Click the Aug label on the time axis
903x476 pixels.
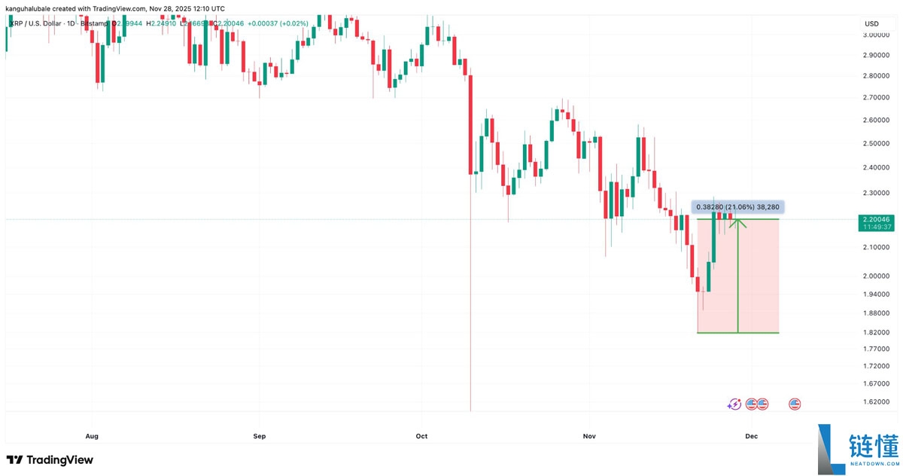92,436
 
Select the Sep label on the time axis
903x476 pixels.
260,436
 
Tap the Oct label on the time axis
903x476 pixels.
421,436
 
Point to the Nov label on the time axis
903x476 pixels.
589,436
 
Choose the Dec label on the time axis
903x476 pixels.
750,436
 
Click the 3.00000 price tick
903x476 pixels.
877,35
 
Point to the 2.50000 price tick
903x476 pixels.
877,143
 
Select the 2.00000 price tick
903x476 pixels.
877,276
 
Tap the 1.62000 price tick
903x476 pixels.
877,401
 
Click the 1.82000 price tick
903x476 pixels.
877,332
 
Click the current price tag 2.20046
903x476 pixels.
877,219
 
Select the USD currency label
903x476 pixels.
872,23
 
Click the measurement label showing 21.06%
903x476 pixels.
738,206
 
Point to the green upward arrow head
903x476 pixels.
738,221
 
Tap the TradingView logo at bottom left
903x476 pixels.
50,459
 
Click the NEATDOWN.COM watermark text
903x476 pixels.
874,465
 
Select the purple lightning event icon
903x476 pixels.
734,404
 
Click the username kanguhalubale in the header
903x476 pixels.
35,8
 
